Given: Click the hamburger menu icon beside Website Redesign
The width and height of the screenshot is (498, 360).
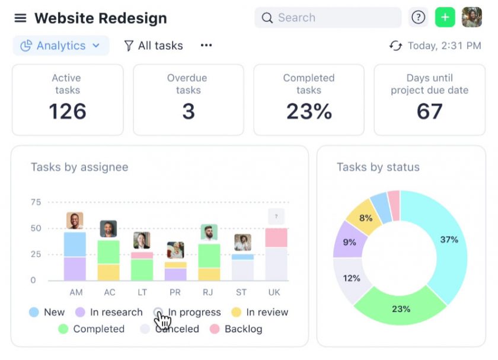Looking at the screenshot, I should [20, 18].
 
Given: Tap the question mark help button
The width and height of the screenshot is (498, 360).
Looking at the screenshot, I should [419, 18].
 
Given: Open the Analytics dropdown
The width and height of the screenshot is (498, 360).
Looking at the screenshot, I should [60, 46].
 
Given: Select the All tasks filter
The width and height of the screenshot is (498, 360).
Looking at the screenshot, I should [154, 46].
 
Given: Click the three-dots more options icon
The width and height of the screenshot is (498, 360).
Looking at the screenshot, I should [206, 46].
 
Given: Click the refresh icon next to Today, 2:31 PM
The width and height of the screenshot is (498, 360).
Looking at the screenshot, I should [395, 46].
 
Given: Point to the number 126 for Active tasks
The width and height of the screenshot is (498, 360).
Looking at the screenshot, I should [68, 111].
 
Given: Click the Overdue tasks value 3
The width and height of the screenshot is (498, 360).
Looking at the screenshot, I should [188, 111].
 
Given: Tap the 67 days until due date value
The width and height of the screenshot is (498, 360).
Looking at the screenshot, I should [429, 111].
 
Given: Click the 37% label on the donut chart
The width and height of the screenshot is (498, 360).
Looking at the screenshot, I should [449, 240].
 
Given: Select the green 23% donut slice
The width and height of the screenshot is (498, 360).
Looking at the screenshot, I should [401, 308].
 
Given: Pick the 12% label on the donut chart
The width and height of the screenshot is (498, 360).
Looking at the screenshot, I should [351, 278].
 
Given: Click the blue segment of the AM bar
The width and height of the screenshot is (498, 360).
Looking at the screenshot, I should [75, 244].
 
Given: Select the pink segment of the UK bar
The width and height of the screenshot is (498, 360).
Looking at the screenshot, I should [276, 237].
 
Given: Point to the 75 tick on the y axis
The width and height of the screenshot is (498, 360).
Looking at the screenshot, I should [36, 202].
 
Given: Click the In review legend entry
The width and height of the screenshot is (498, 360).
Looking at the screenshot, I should [260, 312].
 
